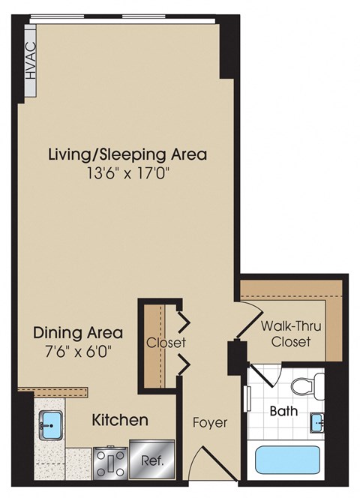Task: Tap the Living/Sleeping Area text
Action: pos(127,155)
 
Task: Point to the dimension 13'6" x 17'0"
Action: pos(127,174)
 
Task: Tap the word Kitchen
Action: pos(119,420)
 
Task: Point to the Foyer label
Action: pos(210,422)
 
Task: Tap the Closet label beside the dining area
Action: pos(166,343)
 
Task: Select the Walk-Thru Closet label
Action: pos(286,334)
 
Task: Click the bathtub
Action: pos(288,458)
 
